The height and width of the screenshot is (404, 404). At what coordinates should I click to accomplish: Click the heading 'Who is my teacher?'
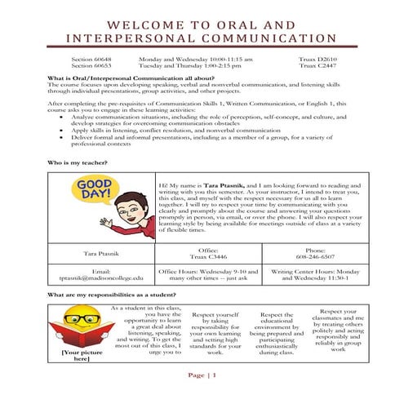(78, 162)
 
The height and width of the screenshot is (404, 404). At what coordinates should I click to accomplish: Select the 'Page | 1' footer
(202, 375)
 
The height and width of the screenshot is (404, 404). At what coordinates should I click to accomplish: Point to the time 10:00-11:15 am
(195, 60)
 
